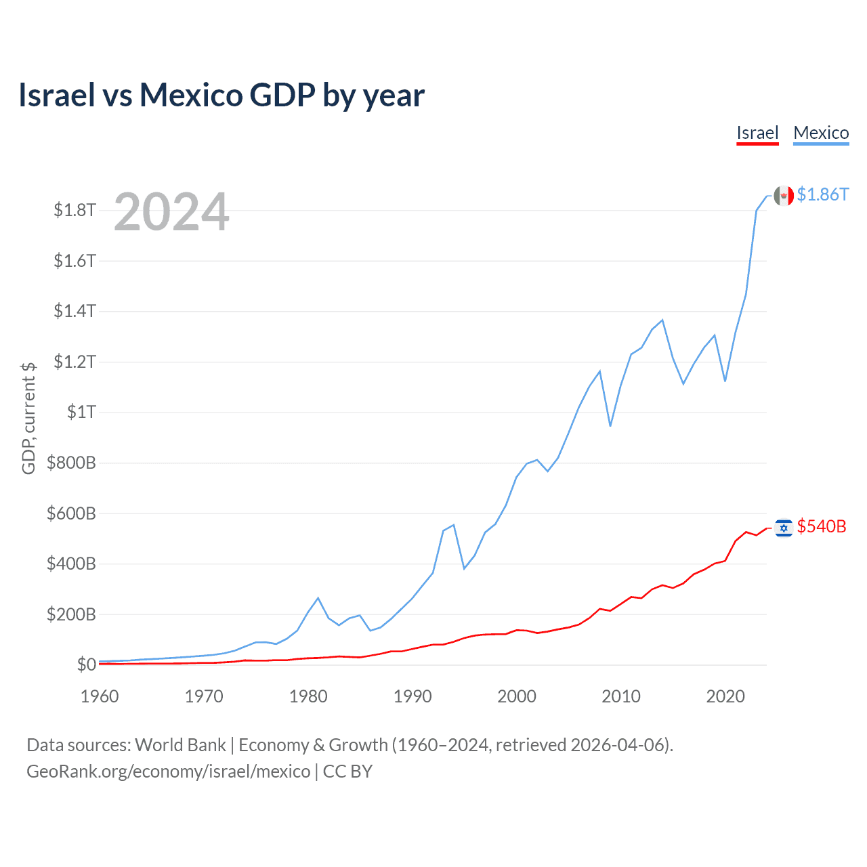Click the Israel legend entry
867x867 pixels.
[x=757, y=133]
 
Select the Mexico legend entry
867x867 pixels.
[x=821, y=133]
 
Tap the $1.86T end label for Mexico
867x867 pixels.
[x=822, y=195]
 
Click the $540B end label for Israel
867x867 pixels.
[x=822, y=527]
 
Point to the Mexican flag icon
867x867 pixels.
[x=784, y=196]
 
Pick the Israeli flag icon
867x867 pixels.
[x=784, y=528]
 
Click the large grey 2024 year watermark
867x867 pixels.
[x=171, y=213]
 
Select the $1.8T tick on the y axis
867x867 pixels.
[x=75, y=210]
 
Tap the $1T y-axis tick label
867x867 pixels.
[x=81, y=412]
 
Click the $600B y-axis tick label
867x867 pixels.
[x=71, y=513]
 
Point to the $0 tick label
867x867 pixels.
[x=86, y=664]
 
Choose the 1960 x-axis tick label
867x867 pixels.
[x=100, y=696]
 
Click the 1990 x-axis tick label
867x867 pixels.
[x=413, y=696]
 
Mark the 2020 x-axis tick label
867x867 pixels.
[x=725, y=696]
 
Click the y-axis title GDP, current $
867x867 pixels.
[x=28, y=418]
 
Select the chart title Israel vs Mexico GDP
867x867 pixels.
[x=221, y=95]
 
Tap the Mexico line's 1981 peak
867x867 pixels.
[x=318, y=598]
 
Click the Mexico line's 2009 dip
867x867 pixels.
[x=610, y=426]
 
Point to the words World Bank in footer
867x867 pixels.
[x=180, y=745]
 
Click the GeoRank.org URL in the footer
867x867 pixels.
[x=168, y=771]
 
